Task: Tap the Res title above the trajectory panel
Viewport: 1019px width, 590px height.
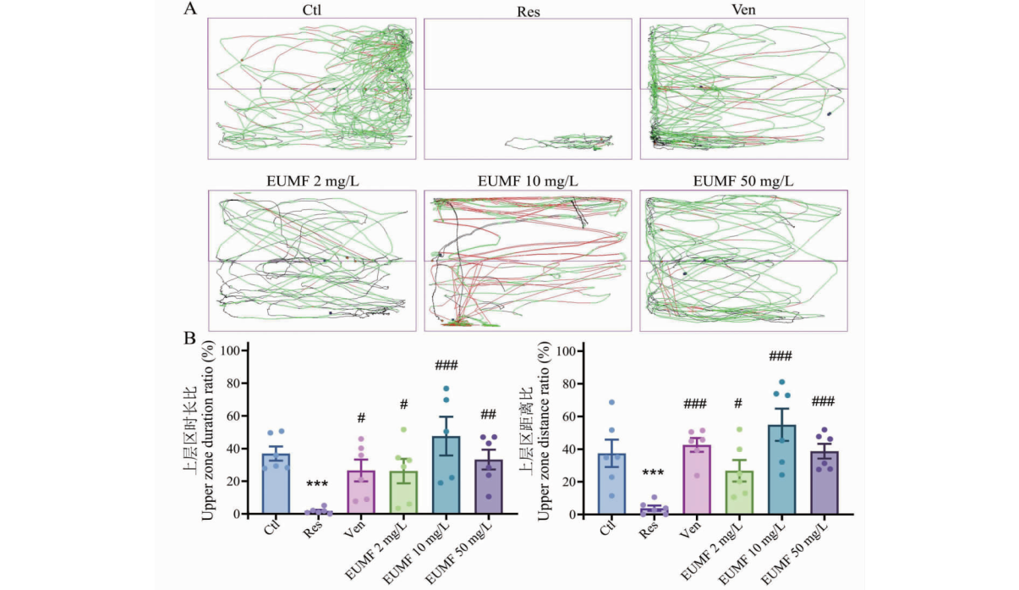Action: click(528, 12)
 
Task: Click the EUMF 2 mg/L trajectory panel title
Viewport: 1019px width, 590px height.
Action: click(312, 181)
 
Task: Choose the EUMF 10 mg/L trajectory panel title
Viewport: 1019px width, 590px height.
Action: click(528, 181)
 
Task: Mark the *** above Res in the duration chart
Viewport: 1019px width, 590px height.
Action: click(318, 483)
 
